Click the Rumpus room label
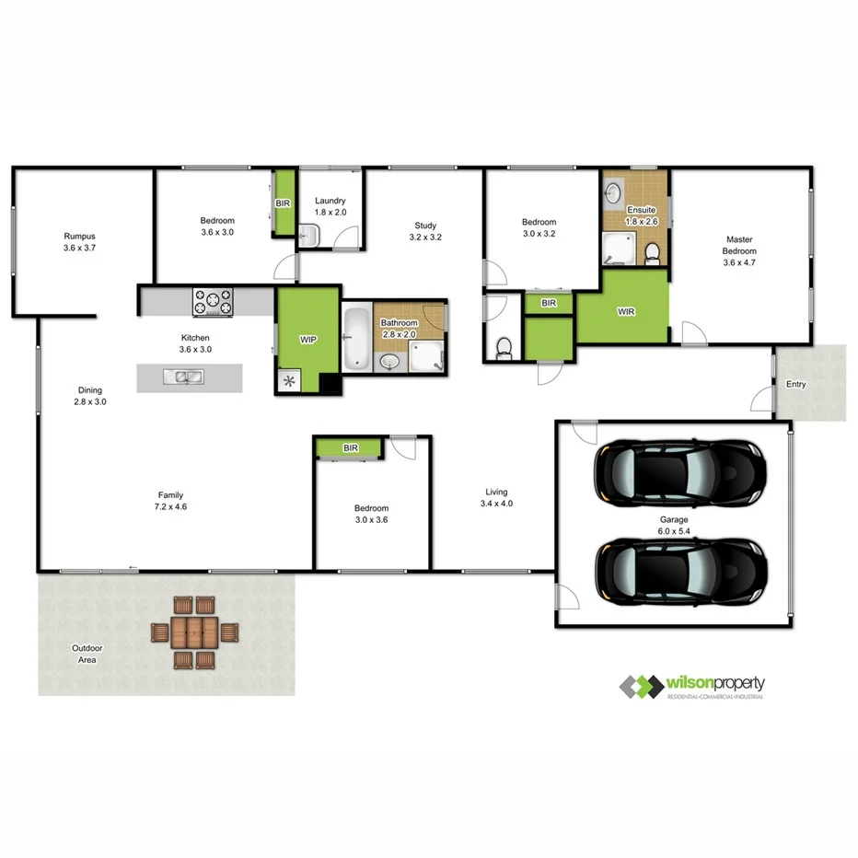(x=79, y=236)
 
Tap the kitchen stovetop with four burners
(x=213, y=301)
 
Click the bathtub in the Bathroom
(x=355, y=338)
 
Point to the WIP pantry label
(x=308, y=340)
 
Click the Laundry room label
(x=330, y=201)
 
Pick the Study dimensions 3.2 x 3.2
(x=425, y=238)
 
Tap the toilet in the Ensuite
(x=652, y=251)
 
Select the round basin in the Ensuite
(x=615, y=192)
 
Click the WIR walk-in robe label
(x=626, y=311)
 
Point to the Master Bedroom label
(x=739, y=246)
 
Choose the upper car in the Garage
(x=680, y=475)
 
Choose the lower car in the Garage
(x=680, y=570)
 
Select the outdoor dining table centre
(x=194, y=632)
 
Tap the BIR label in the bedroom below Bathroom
(x=350, y=448)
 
